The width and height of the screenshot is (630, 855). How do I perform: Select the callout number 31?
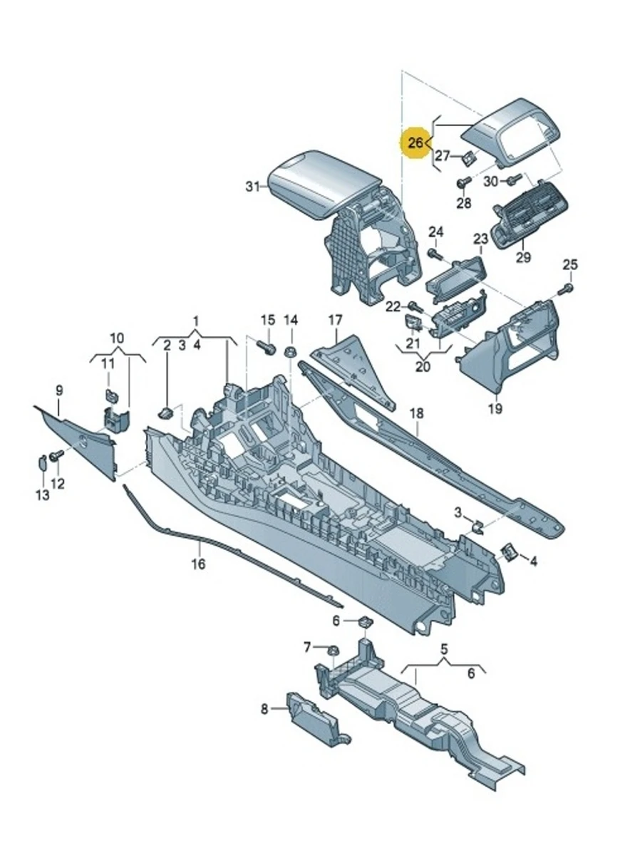tap(252, 187)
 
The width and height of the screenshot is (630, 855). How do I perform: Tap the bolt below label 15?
tap(268, 347)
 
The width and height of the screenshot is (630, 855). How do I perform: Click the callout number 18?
tap(416, 414)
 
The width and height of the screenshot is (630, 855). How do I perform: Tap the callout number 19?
tap(495, 408)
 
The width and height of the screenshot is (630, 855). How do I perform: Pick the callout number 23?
tap(480, 239)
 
